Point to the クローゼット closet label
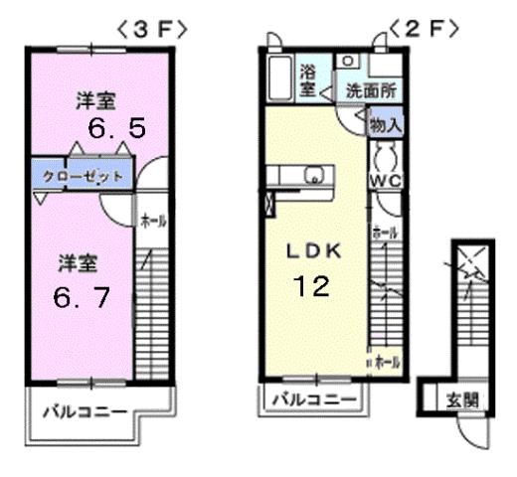coord(83,177)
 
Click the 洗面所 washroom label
coord(371,89)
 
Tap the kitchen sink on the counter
coord(316,179)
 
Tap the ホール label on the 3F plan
coord(152,220)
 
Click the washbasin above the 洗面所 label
coord(348,62)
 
